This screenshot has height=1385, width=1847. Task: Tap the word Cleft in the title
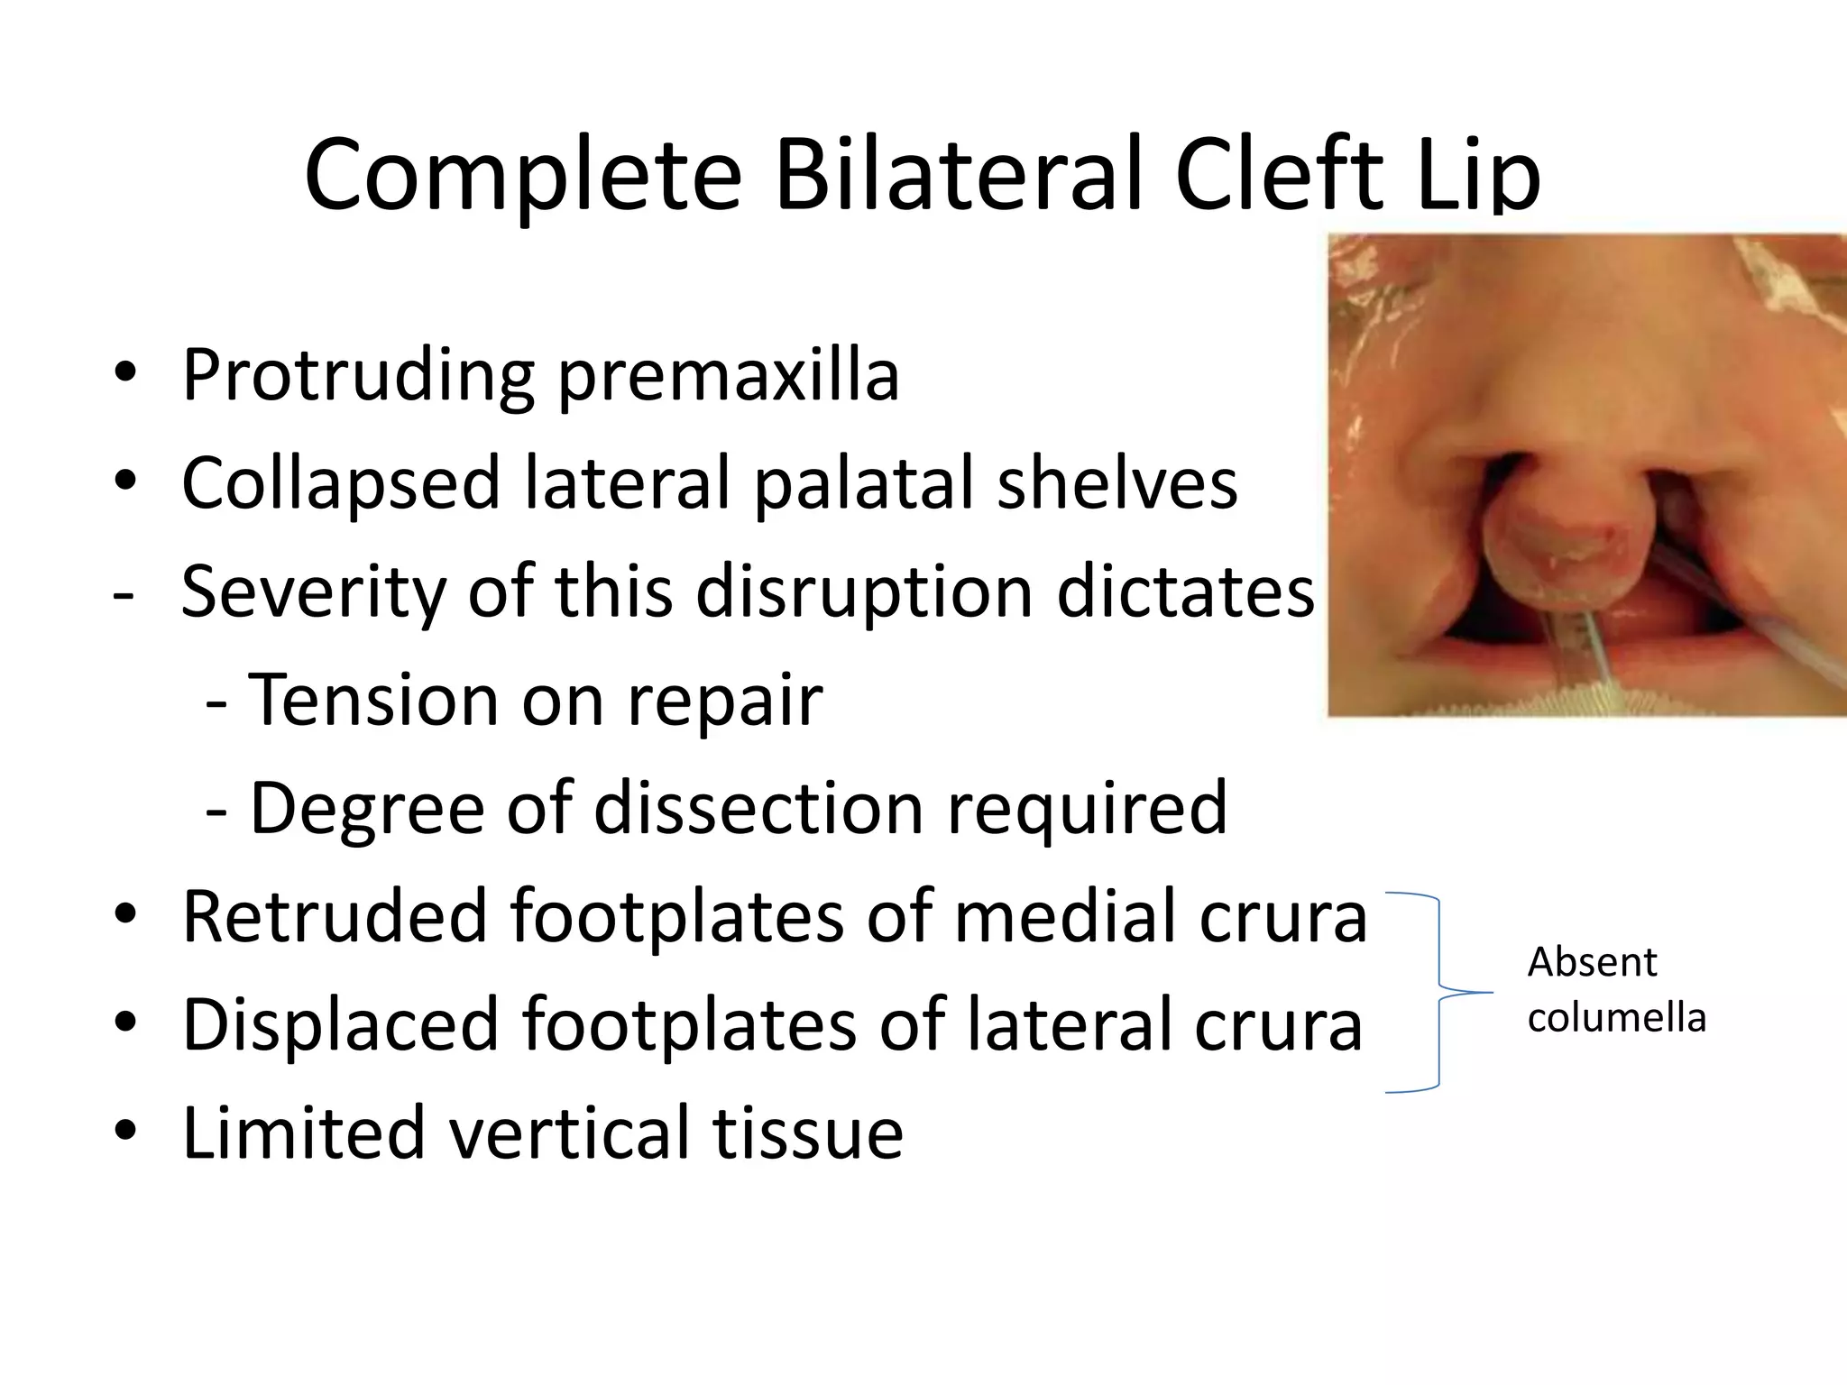click(x=1279, y=173)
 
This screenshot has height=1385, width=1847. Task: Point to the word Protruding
click(x=357, y=377)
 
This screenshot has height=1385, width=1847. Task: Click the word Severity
click(x=312, y=592)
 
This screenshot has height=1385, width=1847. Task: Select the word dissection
click(x=758, y=808)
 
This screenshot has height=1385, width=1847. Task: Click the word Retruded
click(x=334, y=916)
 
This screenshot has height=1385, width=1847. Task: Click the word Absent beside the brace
click(x=1592, y=962)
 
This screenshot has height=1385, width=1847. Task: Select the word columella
click(x=1616, y=1018)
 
